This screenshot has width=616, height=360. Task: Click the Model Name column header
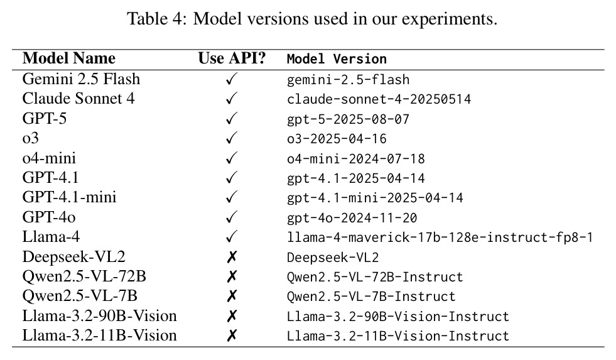point(68,58)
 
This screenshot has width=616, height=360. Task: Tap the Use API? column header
point(232,58)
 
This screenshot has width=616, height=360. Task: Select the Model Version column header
point(337,59)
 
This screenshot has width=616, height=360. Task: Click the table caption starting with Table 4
point(312,18)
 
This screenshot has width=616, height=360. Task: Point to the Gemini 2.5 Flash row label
point(81,79)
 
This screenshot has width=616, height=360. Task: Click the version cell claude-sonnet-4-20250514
point(379,99)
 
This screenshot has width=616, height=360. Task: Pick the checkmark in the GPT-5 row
point(232,118)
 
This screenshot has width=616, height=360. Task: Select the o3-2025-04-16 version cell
point(337,139)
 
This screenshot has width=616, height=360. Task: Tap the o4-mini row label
point(49,158)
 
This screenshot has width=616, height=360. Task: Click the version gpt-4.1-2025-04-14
point(356,178)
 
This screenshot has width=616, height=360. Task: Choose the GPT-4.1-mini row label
point(70,197)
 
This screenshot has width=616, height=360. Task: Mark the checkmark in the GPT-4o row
point(232,217)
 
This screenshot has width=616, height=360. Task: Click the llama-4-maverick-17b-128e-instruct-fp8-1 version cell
point(440,237)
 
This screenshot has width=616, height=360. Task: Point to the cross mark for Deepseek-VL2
point(232,257)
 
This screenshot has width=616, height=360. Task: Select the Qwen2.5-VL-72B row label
point(84,276)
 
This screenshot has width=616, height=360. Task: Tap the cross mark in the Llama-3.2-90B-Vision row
point(232,315)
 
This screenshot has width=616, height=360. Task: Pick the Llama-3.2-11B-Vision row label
point(99,335)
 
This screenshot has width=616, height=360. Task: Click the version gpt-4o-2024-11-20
point(352,218)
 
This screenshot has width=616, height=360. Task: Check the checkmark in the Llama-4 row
point(232,237)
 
